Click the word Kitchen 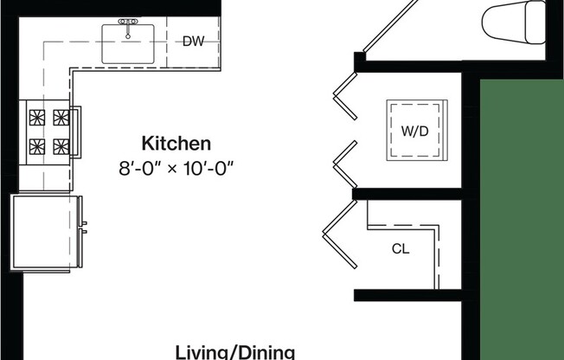(x=176, y=143)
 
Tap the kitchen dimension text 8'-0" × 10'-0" (x=176, y=168)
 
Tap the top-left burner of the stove (x=37, y=116)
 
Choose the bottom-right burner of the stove (x=61, y=145)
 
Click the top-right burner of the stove (x=61, y=116)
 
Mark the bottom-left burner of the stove (x=37, y=145)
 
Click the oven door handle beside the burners (x=78, y=132)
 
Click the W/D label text (x=414, y=132)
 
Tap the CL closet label (x=401, y=249)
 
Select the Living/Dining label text (x=235, y=351)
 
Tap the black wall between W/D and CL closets (x=407, y=194)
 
